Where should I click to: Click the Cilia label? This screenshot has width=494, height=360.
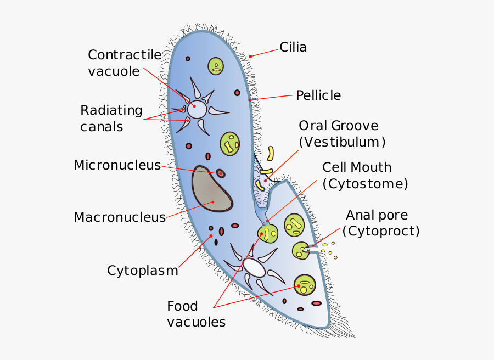pyautogui.click(x=293, y=47)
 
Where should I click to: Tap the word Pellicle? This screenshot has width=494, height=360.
pyautogui.click(x=318, y=95)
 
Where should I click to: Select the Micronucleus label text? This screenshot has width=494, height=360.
pyautogui.click(x=117, y=165)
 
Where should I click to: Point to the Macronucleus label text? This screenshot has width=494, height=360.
pyautogui.click(x=120, y=217)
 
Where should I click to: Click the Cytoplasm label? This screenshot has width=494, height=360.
pyautogui.click(x=142, y=271)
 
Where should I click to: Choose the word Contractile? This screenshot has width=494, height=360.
pyautogui.click(x=125, y=55)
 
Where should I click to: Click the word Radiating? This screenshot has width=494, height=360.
pyautogui.click(x=111, y=110)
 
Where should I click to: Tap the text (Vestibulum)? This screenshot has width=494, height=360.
pyautogui.click(x=342, y=142)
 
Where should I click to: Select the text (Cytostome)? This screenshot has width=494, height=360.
pyautogui.click(x=365, y=184)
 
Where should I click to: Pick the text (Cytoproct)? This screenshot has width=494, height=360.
pyautogui.click(x=380, y=231)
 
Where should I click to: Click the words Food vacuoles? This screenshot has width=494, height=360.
pyautogui.click(x=196, y=314)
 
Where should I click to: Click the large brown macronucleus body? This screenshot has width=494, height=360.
pyautogui.click(x=212, y=189)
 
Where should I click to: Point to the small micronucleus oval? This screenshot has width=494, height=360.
pyautogui.click(x=221, y=173)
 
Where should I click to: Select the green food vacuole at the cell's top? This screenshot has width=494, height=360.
pyautogui.click(x=216, y=66)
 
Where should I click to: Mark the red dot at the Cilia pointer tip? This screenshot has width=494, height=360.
pyautogui.click(x=250, y=56)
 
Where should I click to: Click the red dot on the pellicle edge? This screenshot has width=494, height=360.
pyautogui.click(x=250, y=100)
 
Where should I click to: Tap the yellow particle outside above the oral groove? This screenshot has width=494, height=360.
pyautogui.click(x=271, y=153)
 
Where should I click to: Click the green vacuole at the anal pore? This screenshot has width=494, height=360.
pyautogui.click(x=300, y=251)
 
